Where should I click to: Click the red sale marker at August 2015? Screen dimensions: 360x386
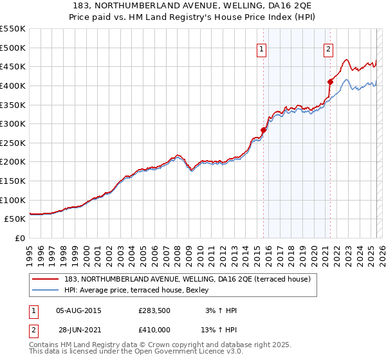[263, 130]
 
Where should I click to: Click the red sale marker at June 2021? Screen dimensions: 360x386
[330, 82]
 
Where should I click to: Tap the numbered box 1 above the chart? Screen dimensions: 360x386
[262, 48]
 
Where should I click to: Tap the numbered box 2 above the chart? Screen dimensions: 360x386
[328, 48]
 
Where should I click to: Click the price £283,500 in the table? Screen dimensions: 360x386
[154, 310]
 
